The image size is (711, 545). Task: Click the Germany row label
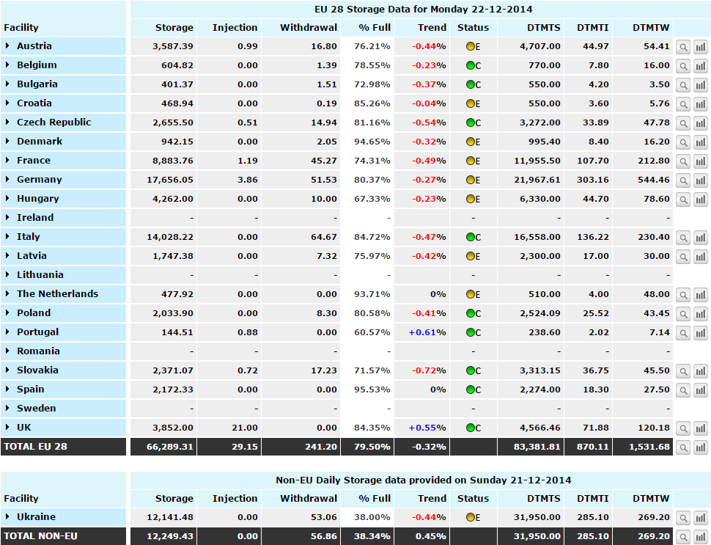point(39,179)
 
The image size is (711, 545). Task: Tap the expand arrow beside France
point(7,160)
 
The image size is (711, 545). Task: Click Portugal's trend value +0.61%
point(427,332)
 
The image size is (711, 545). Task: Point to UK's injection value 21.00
point(244,428)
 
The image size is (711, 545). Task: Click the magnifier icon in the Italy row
point(683,238)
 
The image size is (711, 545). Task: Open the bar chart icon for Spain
point(701,389)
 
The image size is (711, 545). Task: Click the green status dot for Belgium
point(471,65)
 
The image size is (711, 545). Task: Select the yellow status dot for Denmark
point(471,142)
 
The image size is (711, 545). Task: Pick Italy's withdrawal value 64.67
point(324,237)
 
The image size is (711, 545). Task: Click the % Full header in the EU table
point(374,28)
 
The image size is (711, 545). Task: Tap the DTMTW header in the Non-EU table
point(651,498)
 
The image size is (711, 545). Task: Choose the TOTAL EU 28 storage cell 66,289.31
point(169,447)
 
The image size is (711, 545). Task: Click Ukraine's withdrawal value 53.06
point(324,517)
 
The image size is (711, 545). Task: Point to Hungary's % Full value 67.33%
point(372,199)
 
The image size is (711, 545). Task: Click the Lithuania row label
point(40,274)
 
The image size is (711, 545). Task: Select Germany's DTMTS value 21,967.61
point(537,180)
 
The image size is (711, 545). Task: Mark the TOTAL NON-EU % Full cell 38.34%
point(372,536)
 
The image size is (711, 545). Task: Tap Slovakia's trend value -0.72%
point(429,370)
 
